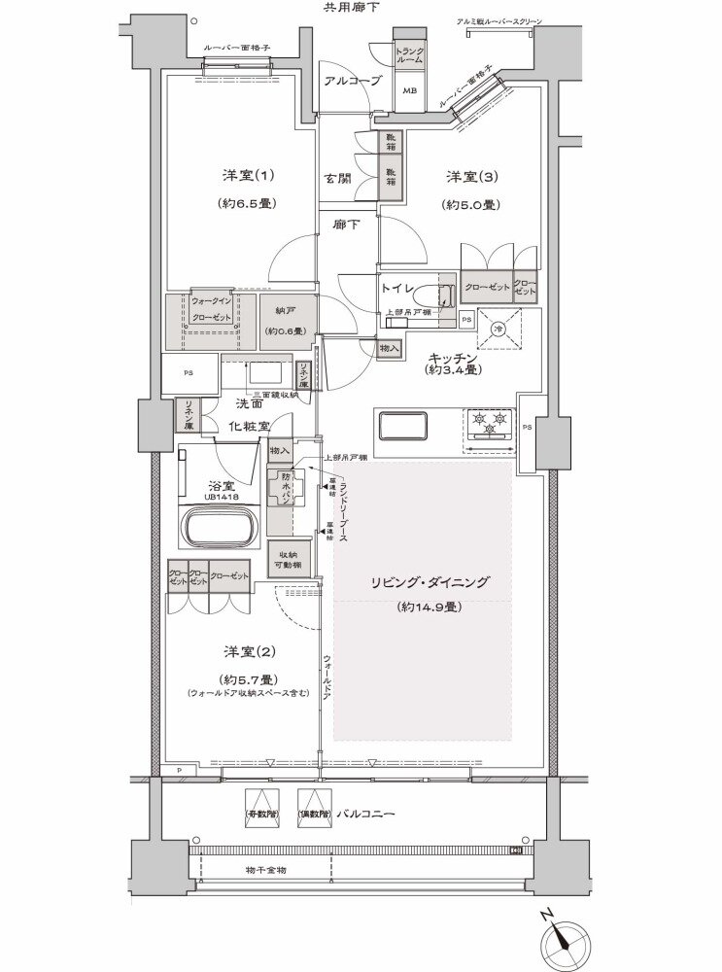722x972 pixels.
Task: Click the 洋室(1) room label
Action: [x=238, y=176]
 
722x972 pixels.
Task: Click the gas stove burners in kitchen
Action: [x=489, y=424]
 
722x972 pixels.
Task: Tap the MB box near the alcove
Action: [x=409, y=91]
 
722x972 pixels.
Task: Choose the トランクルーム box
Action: [x=409, y=55]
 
